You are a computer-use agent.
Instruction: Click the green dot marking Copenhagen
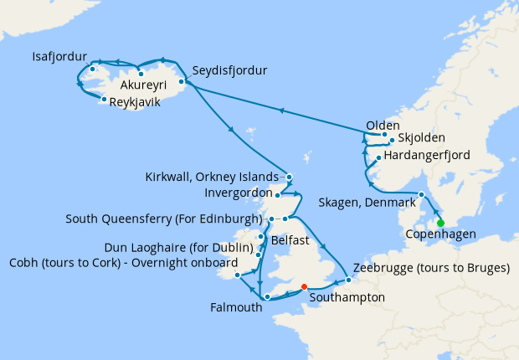(440, 223)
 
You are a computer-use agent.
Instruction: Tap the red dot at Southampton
(305, 285)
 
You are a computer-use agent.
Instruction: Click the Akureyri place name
(145, 86)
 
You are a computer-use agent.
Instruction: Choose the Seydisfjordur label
(229, 70)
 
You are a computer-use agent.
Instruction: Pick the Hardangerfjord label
(428, 156)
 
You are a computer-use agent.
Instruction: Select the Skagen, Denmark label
(367, 203)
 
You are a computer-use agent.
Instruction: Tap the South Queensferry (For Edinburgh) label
(163, 219)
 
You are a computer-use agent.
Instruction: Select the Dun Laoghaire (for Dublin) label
(177, 248)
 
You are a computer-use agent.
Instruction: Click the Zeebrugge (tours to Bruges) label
(432, 268)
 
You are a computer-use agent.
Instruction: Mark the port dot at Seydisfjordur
(182, 81)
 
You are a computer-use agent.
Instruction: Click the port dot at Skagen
(421, 195)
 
